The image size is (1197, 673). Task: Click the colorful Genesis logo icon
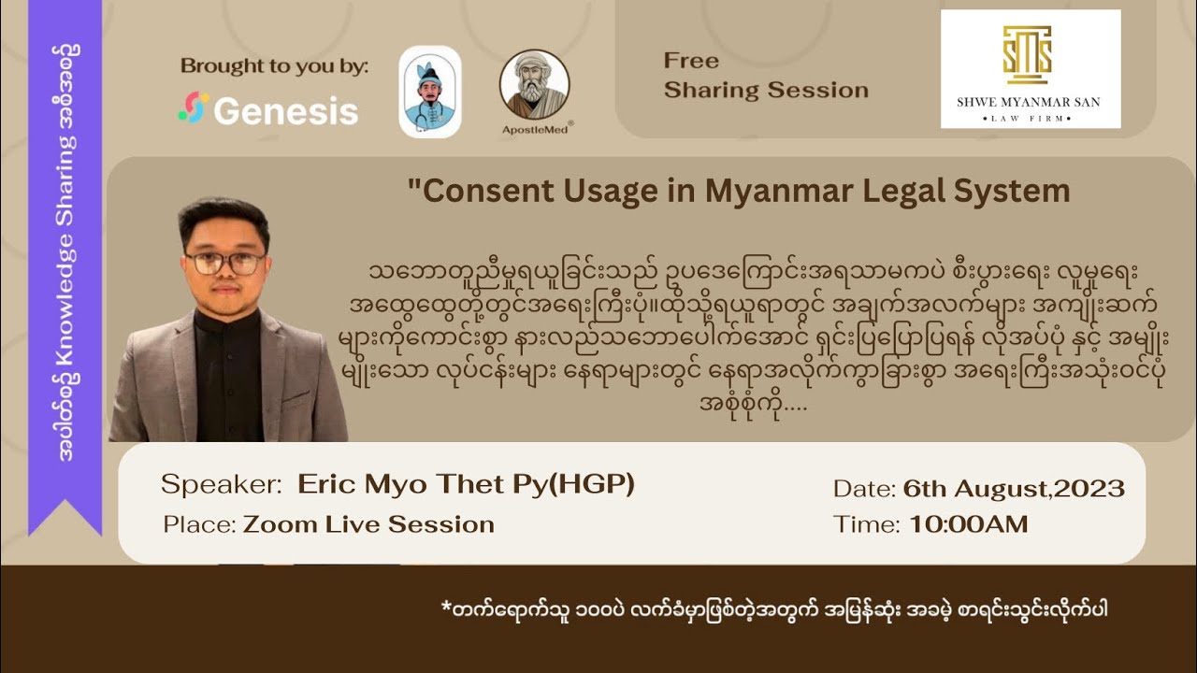194,107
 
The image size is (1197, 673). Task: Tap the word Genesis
285,111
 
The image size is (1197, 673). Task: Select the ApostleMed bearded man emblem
534,84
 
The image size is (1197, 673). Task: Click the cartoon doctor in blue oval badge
430,92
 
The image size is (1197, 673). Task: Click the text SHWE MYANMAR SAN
1030,101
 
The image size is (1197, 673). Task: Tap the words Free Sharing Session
765,76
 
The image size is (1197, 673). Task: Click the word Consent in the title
483,191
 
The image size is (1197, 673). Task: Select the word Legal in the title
899,191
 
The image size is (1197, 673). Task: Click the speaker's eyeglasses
224,264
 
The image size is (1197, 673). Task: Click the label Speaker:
221,484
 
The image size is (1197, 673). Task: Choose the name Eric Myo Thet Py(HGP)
466,484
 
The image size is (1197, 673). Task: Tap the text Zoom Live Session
368,524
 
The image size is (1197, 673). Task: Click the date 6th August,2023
1014,488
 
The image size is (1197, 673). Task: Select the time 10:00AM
968,524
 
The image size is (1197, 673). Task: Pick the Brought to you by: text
274,66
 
